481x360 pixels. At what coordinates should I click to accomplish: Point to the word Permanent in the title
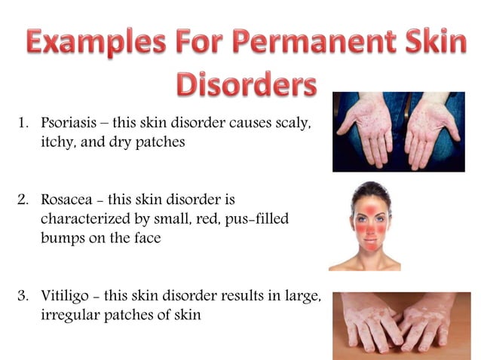[x=296, y=43]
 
